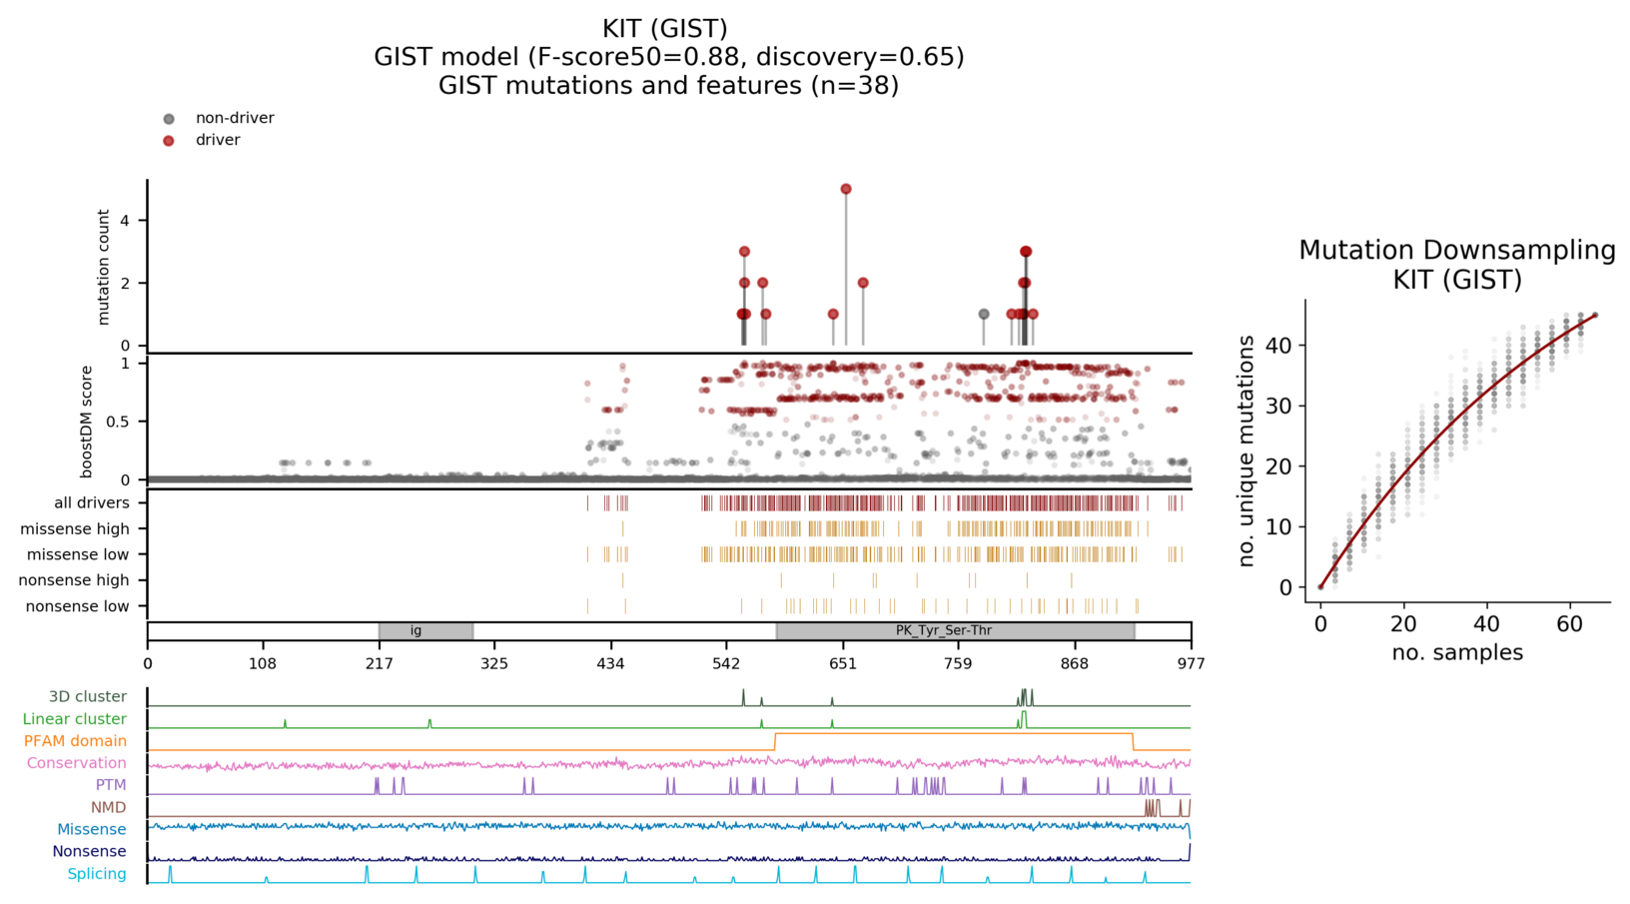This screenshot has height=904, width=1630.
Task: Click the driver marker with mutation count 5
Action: coord(846,189)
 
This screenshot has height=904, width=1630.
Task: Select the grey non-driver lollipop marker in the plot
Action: coord(984,314)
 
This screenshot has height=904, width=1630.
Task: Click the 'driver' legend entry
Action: coord(217,140)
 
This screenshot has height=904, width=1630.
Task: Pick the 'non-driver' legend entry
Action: coord(234,118)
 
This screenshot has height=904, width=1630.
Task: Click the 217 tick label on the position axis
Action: coord(379,663)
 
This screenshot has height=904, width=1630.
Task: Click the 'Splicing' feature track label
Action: coord(96,874)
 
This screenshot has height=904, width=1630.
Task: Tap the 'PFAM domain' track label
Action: coord(75,741)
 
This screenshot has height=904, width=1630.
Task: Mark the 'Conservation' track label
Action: coord(76,763)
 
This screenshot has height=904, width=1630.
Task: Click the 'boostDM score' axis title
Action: coord(87,422)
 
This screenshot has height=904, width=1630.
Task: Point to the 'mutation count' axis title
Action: coord(104,267)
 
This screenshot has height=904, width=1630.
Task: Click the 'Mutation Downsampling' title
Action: coord(1456,250)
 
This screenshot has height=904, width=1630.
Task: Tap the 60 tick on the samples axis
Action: coord(1569,624)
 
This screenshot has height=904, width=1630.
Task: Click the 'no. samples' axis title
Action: coord(1456,653)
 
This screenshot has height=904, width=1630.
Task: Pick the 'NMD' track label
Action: coord(108,807)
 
